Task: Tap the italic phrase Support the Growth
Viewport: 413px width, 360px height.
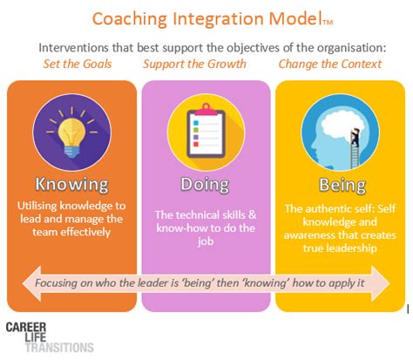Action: tap(195, 64)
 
